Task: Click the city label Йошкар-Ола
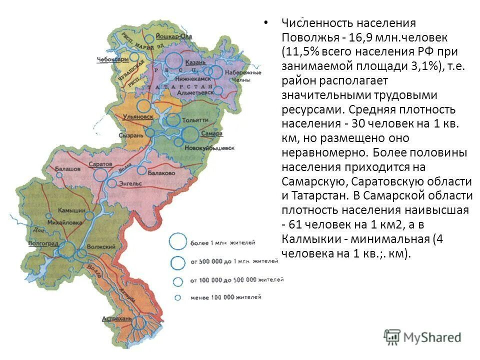point(173,36)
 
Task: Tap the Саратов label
point(99,164)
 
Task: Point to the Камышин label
point(70,210)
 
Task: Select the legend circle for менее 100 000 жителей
point(177,297)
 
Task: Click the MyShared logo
point(422,336)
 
